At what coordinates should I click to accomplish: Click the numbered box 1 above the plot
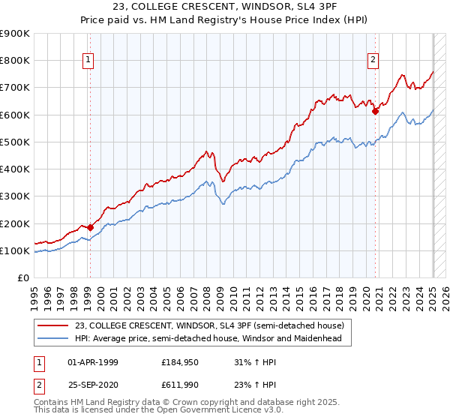click(88, 61)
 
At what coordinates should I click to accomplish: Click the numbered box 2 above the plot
click(373, 61)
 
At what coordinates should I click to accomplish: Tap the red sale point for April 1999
click(90, 227)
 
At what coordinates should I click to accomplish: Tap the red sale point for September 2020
click(375, 111)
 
